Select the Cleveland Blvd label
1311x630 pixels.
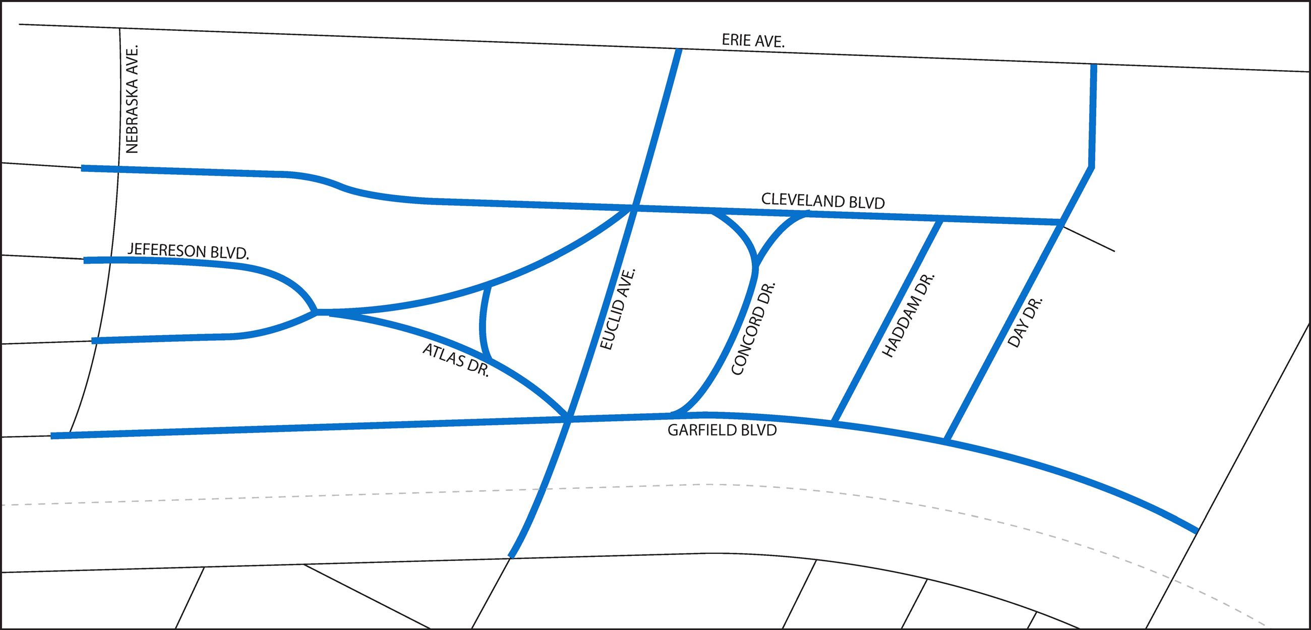[823, 201]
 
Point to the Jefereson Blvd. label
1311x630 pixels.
[188, 251]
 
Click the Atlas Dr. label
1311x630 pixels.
[455, 360]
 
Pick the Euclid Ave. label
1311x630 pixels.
[619, 309]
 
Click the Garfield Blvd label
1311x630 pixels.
[722, 430]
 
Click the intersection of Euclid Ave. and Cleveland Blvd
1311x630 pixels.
[633, 208]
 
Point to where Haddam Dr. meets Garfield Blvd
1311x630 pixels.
[835, 421]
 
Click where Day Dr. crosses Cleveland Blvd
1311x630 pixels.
[1059, 222]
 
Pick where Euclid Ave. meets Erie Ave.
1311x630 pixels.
[679, 50]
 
